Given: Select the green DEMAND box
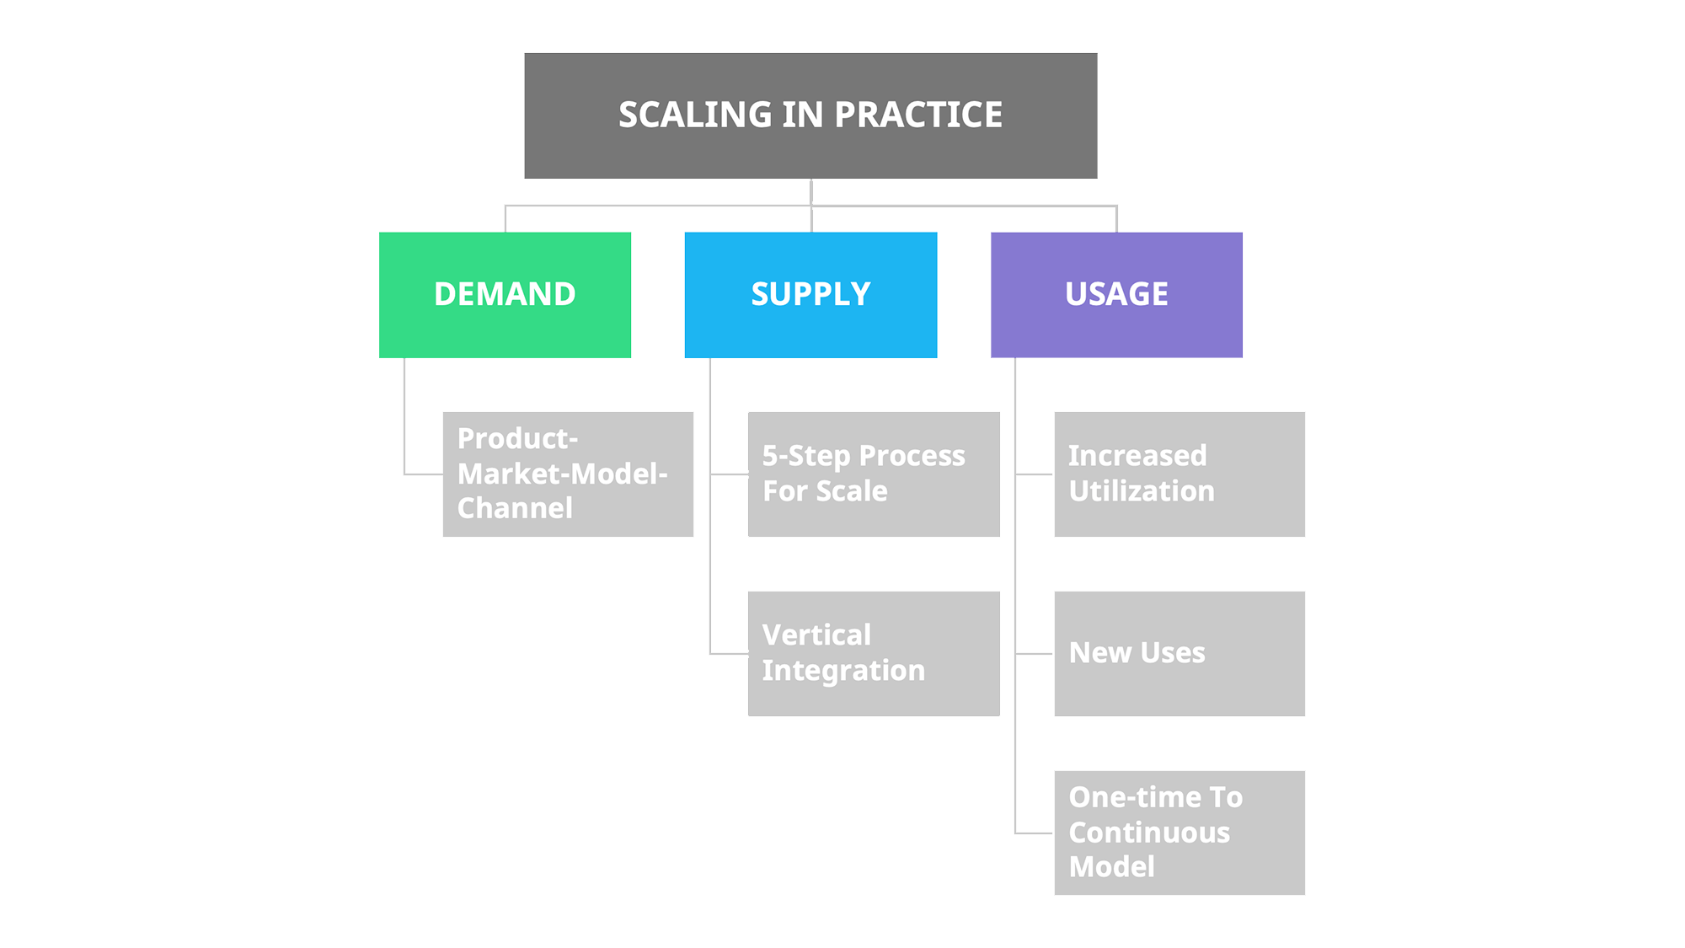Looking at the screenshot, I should (505, 294).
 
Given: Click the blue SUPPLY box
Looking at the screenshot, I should (810, 294).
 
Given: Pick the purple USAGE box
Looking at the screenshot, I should (1116, 294).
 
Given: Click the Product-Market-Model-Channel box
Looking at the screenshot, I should (568, 474).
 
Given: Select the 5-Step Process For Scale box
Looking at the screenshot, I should (874, 474).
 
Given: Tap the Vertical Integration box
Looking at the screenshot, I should (874, 653).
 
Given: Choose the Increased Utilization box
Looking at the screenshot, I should (1179, 474).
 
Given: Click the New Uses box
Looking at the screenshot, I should (1179, 653).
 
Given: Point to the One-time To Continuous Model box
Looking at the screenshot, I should (1179, 833).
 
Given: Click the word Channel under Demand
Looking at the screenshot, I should (515, 508).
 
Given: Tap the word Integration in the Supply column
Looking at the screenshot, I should (843, 671).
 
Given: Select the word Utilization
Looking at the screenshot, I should (1142, 491).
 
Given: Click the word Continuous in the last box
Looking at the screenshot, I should (1149, 833).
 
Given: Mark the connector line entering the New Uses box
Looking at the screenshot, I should (1035, 653).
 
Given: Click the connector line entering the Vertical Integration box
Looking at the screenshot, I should (729, 653).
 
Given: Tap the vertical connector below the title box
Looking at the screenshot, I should (810, 192).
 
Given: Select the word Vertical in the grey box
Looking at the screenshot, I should (816, 635).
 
